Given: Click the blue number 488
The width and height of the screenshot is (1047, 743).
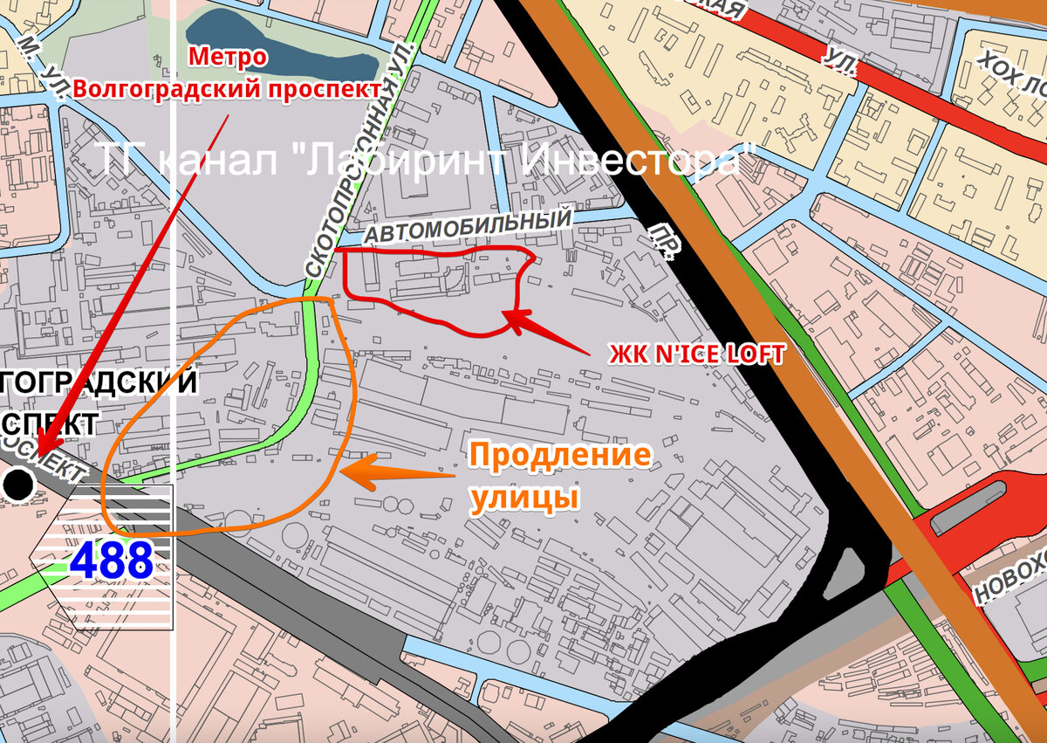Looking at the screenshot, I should click(x=112, y=561).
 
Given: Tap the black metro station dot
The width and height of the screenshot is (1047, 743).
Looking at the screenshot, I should click(x=18, y=484).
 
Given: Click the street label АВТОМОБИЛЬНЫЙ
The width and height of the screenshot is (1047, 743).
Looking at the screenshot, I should click(x=468, y=225).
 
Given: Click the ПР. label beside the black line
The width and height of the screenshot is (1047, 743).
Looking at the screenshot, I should click(x=666, y=240).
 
